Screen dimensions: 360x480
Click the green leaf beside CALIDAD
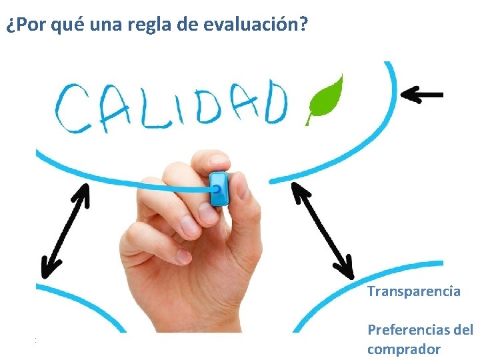(x=325, y=100)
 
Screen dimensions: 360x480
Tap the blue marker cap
(x=219, y=189)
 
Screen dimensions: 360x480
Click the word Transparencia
(x=413, y=291)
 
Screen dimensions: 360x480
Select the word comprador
(x=403, y=349)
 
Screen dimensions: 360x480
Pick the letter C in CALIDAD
(x=73, y=109)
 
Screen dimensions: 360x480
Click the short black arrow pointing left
(x=422, y=95)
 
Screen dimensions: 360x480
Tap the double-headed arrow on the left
(x=65, y=231)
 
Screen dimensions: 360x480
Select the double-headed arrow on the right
(x=323, y=231)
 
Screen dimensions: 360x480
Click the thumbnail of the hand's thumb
(x=216, y=160)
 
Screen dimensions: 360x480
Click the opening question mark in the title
(x=9, y=26)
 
